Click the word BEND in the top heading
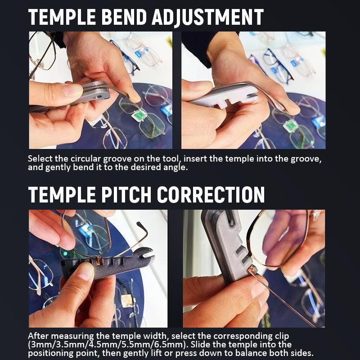124,17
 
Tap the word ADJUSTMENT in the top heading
207,18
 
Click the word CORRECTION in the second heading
211,195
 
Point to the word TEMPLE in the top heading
62,17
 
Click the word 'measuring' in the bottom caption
72,336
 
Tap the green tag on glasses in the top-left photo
139,115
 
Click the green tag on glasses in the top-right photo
290,126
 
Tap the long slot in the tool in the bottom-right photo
230,219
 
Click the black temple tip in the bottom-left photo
142,227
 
